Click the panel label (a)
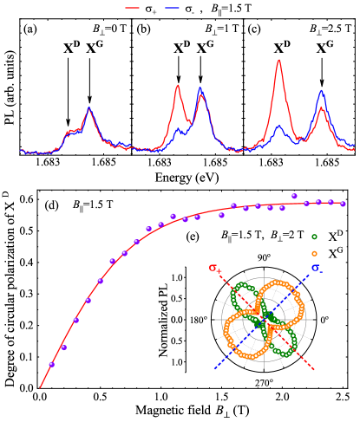(x=30, y=29)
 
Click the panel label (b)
(x=145, y=29)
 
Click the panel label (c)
(x=255, y=29)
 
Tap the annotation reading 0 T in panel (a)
(x=110, y=29)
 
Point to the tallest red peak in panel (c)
(x=279, y=61)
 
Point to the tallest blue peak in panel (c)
(x=322, y=90)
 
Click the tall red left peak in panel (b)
(x=178, y=86)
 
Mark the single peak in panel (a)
(x=89, y=108)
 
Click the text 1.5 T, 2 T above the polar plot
(x=264, y=236)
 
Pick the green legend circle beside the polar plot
(x=314, y=237)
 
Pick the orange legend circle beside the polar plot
(x=314, y=253)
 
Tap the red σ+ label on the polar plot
(x=213, y=268)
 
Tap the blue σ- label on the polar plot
(x=317, y=268)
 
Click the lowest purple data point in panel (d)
(x=51, y=364)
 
